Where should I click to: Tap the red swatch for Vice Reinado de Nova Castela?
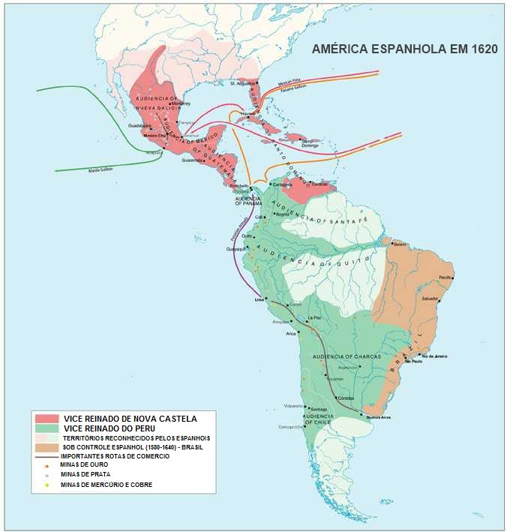click(x=47, y=418)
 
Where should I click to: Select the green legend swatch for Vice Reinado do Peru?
click(x=47, y=428)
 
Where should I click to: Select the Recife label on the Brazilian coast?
click(x=447, y=278)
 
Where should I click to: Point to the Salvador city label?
click(x=430, y=299)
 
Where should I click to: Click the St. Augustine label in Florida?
click(x=243, y=83)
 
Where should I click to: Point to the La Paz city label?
click(x=315, y=319)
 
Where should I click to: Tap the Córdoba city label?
click(x=346, y=398)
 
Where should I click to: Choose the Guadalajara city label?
click(x=139, y=125)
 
